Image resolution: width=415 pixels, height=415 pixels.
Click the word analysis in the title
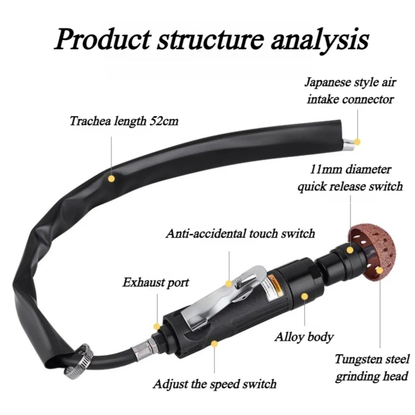point(320,41)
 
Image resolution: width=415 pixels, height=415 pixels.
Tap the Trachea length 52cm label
point(124,121)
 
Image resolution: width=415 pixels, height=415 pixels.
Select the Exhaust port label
point(156,282)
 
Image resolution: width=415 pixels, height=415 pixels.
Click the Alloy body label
point(304,337)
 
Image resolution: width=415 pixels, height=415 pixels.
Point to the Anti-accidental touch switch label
point(240,234)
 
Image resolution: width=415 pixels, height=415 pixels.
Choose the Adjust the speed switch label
point(215,384)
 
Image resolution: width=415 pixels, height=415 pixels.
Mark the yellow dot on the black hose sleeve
point(111,178)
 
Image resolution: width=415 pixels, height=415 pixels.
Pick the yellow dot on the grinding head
point(379,271)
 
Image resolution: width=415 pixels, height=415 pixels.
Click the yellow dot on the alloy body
point(305,296)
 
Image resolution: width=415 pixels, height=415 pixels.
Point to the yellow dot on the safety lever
point(229,284)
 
